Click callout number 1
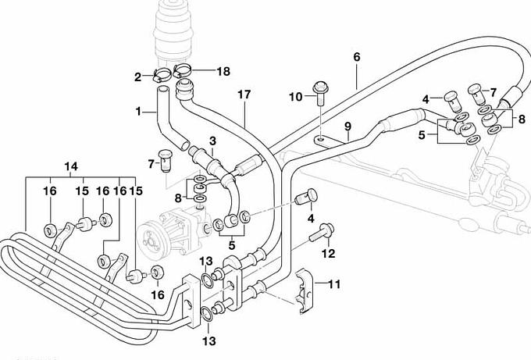pyautogui.click(x=138, y=112)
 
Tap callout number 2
pyautogui.click(x=137, y=77)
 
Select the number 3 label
pyautogui.click(x=212, y=140)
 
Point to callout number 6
pyautogui.click(x=357, y=57)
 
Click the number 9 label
pyautogui.click(x=347, y=126)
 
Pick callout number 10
pyautogui.click(x=295, y=97)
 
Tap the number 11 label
pyautogui.click(x=334, y=284)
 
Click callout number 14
pyautogui.click(x=71, y=166)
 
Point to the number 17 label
pyautogui.click(x=244, y=95)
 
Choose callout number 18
pyautogui.click(x=223, y=71)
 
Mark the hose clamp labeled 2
pyautogui.click(x=162, y=77)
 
